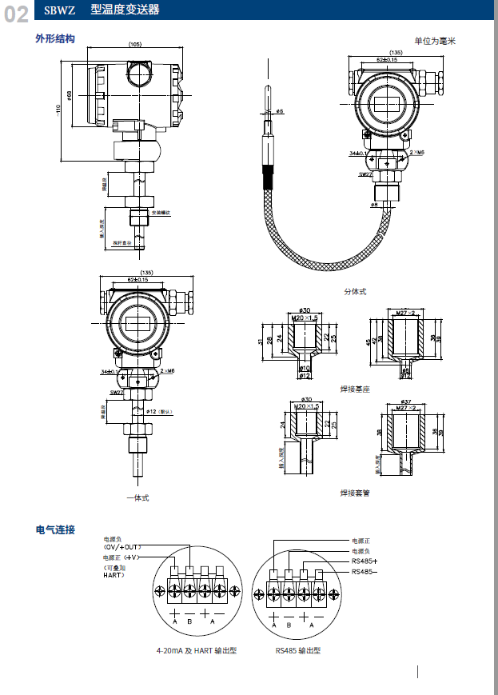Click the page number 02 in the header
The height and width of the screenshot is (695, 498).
(17, 14)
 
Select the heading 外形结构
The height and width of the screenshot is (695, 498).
(55, 38)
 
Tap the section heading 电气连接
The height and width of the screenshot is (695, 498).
(55, 529)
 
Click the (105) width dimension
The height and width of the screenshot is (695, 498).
(135, 45)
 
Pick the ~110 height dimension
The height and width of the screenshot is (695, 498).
(58, 109)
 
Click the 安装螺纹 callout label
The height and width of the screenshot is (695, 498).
(162, 212)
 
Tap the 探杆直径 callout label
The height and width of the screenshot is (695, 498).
(121, 242)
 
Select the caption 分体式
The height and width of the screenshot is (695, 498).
(355, 292)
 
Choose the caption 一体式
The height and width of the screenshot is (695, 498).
(137, 497)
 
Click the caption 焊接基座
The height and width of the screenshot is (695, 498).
(355, 389)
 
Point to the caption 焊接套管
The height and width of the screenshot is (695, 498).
(355, 493)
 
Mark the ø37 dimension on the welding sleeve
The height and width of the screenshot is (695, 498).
(406, 401)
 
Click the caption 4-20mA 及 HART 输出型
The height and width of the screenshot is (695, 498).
(197, 651)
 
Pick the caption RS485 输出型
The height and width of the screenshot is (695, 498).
(297, 651)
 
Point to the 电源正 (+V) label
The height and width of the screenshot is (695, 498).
(122, 557)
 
